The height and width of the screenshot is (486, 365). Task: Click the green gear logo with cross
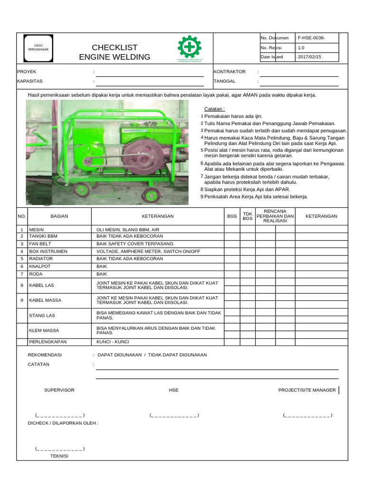click(189, 47)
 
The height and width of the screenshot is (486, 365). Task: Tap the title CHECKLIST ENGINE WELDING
click(115, 52)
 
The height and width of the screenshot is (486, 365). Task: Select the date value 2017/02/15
click(308, 57)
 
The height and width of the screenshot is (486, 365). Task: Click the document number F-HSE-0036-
click(311, 38)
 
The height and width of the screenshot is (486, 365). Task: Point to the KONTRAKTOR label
click(230, 72)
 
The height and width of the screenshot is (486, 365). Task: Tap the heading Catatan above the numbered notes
click(214, 109)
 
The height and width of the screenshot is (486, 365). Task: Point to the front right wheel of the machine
click(152, 195)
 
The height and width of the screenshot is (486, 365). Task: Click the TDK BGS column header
click(248, 216)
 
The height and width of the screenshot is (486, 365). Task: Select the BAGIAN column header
click(59, 216)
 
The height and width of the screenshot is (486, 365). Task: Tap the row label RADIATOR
click(41, 259)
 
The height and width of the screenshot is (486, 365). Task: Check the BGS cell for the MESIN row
click(232, 229)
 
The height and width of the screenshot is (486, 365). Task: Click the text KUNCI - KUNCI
click(113, 342)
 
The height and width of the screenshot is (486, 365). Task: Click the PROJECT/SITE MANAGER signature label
click(307, 390)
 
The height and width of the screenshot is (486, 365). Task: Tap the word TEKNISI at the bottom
click(59, 456)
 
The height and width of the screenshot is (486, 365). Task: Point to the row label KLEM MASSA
click(44, 330)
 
